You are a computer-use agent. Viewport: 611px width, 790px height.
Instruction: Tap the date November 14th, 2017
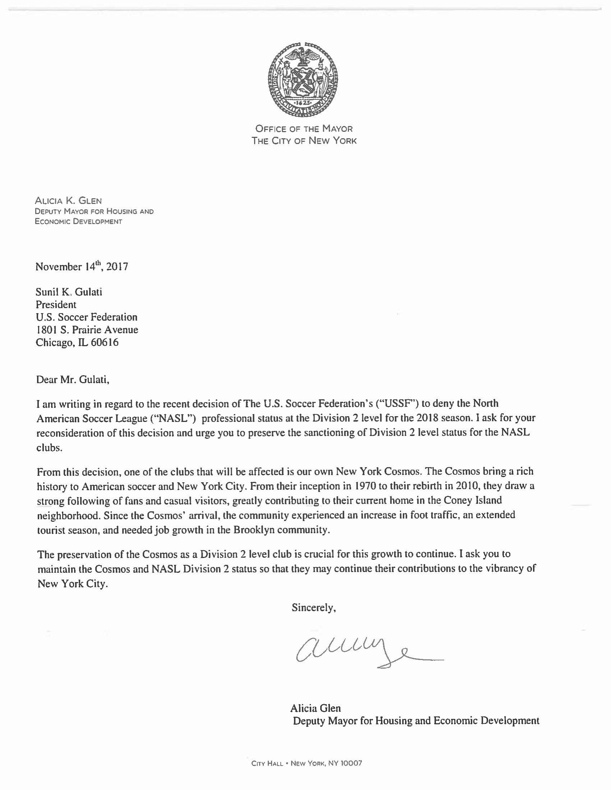coord(82,267)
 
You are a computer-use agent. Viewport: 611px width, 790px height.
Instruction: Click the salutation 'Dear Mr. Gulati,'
coord(72,380)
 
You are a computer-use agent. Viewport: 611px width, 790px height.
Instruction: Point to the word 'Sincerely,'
coord(314,608)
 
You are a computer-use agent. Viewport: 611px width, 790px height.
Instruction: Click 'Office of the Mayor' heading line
coord(304,129)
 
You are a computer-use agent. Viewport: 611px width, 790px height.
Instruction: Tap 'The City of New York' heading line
coord(304,141)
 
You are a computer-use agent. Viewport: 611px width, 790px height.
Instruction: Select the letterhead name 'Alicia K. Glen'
coord(68,201)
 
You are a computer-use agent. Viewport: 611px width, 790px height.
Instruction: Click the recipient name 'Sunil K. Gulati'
coord(69,292)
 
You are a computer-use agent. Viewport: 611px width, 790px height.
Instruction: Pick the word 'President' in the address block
coord(56,305)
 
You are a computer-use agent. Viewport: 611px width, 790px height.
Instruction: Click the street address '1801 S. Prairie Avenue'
coord(87,330)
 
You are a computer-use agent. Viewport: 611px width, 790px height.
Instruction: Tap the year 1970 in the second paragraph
coord(366,486)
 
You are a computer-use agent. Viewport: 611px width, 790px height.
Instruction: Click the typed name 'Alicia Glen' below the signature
coord(315,708)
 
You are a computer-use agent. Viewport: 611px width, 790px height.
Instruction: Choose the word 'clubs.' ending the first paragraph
coord(50,448)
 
